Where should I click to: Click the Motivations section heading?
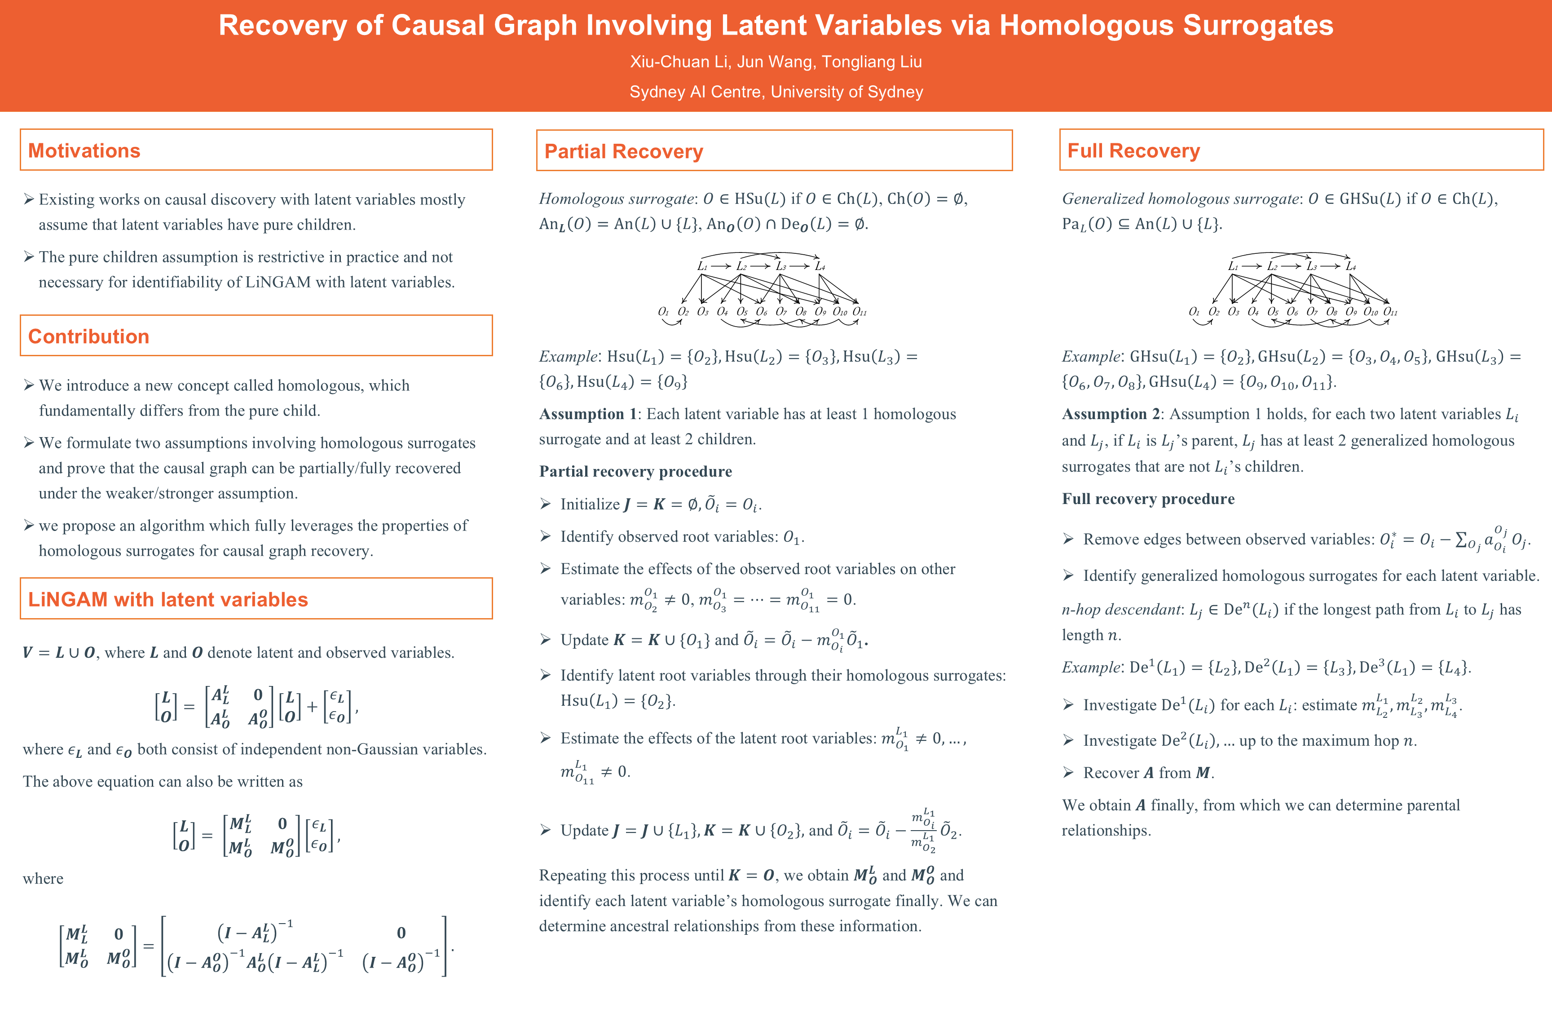[x=84, y=150]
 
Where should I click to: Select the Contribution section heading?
[x=88, y=336]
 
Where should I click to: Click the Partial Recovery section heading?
[x=624, y=152]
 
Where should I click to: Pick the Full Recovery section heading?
[x=1133, y=151]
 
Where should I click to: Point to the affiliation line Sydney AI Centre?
[x=776, y=92]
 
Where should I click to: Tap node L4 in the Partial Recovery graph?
[x=820, y=266]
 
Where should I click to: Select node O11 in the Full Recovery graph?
[x=1390, y=312]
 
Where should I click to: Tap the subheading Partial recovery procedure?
[x=635, y=471]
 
